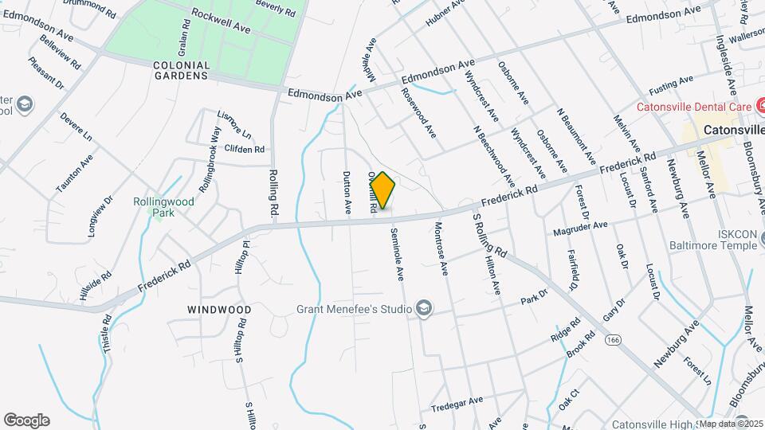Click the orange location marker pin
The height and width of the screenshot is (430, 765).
[382, 190]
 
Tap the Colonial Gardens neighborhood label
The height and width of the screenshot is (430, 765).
[182, 70]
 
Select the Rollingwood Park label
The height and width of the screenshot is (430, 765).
[163, 207]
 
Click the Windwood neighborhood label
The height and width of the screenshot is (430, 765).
[219, 309]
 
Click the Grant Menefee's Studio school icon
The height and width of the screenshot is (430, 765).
[424, 309]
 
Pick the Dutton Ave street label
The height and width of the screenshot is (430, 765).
[347, 193]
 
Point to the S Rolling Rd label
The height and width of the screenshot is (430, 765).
[489, 234]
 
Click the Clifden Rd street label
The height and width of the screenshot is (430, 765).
[244, 149]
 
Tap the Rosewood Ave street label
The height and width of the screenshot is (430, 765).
[419, 119]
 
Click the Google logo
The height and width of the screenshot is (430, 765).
[26, 420]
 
